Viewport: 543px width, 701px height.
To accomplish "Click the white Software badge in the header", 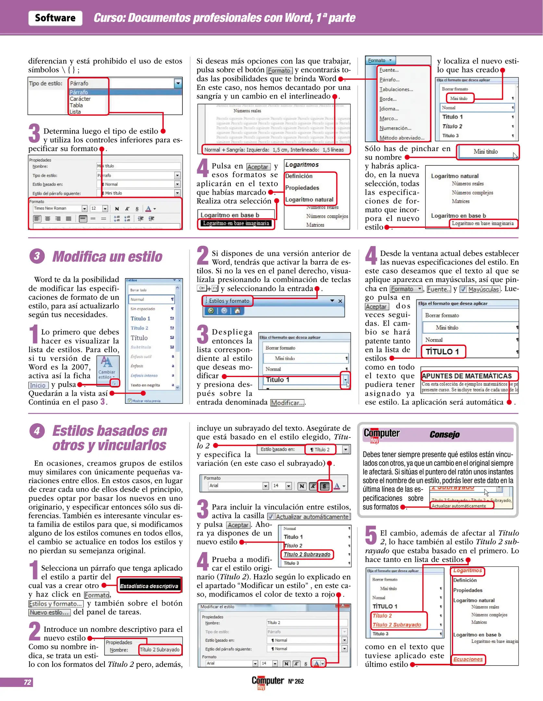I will [55, 18].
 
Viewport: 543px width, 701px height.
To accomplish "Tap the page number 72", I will [27, 682].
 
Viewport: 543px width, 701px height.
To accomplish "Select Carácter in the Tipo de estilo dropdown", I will [80, 99].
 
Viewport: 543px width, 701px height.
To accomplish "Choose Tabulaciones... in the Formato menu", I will [396, 89].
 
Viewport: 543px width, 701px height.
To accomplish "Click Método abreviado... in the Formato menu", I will [402, 138].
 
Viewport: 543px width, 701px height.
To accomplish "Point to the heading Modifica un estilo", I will [107, 256].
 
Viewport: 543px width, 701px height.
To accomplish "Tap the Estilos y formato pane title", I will [229, 301].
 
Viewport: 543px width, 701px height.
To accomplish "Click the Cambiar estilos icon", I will [107, 367].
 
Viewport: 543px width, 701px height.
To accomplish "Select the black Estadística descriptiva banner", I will [149, 586].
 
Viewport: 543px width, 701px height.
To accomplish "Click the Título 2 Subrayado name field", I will [159, 649].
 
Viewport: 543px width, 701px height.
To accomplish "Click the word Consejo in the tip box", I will [444, 434].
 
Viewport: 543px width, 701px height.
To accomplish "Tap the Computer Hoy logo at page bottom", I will [267, 682].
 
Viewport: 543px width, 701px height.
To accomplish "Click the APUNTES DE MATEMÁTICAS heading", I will [467, 376].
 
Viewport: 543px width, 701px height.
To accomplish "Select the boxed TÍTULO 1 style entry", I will [443, 351].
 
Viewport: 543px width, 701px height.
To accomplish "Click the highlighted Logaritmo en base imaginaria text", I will [236, 223].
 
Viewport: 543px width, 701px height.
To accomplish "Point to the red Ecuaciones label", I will [468, 659].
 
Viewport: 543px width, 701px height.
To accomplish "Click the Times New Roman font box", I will [57, 208].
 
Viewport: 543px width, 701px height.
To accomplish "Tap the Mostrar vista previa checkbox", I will [130, 401].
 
